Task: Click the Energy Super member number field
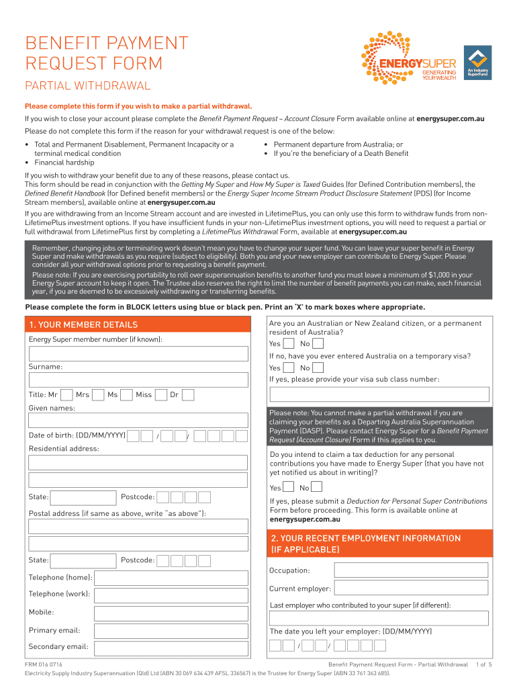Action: [138, 353]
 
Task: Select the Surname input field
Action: [138, 380]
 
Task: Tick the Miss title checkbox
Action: [160, 395]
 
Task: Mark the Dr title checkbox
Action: [188, 395]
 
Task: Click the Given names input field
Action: [138, 421]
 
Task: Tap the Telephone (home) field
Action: [171, 578]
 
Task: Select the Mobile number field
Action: [171, 613]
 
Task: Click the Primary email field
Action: [171, 631]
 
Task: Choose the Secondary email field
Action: [171, 648]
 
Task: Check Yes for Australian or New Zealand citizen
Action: [288, 343]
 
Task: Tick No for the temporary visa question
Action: [318, 368]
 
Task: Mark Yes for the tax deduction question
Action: [288, 488]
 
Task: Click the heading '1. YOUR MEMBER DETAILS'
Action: [83, 325]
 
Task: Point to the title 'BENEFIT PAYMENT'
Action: [107, 44]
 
